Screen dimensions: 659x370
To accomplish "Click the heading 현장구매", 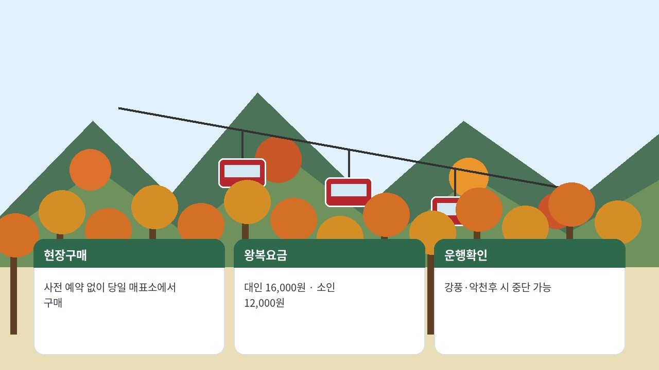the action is click(65, 255).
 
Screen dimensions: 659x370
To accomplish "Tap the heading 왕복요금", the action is click(265, 255).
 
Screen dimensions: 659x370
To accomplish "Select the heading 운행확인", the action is click(466, 255).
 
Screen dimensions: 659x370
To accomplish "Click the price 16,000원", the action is click(285, 287).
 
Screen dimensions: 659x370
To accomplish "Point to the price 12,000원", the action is click(264, 303).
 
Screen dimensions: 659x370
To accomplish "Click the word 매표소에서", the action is click(152, 287).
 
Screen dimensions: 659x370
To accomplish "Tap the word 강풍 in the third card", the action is click(453, 287).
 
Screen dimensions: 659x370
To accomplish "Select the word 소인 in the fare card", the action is click(326, 287).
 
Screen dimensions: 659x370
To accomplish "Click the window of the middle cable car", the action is click(349, 190).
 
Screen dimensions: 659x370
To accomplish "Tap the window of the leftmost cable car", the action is click(242, 171).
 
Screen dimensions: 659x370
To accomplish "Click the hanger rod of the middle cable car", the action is click(349, 164).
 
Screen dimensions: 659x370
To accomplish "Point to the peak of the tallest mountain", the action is click(258, 93).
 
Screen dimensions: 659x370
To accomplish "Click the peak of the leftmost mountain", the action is click(93, 121).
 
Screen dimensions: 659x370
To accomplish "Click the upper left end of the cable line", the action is click(119, 108).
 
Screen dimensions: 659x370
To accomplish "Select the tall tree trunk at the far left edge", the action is click(13, 295).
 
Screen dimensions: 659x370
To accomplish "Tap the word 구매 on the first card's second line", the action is click(53, 303).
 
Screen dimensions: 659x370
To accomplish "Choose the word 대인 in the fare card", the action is click(253, 287).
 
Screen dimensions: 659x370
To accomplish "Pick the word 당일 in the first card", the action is click(117, 287).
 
